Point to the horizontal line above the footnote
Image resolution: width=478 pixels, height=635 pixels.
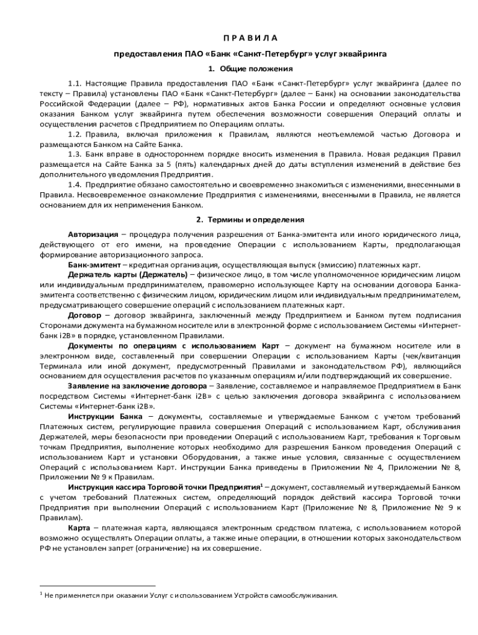tap(97, 585)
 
